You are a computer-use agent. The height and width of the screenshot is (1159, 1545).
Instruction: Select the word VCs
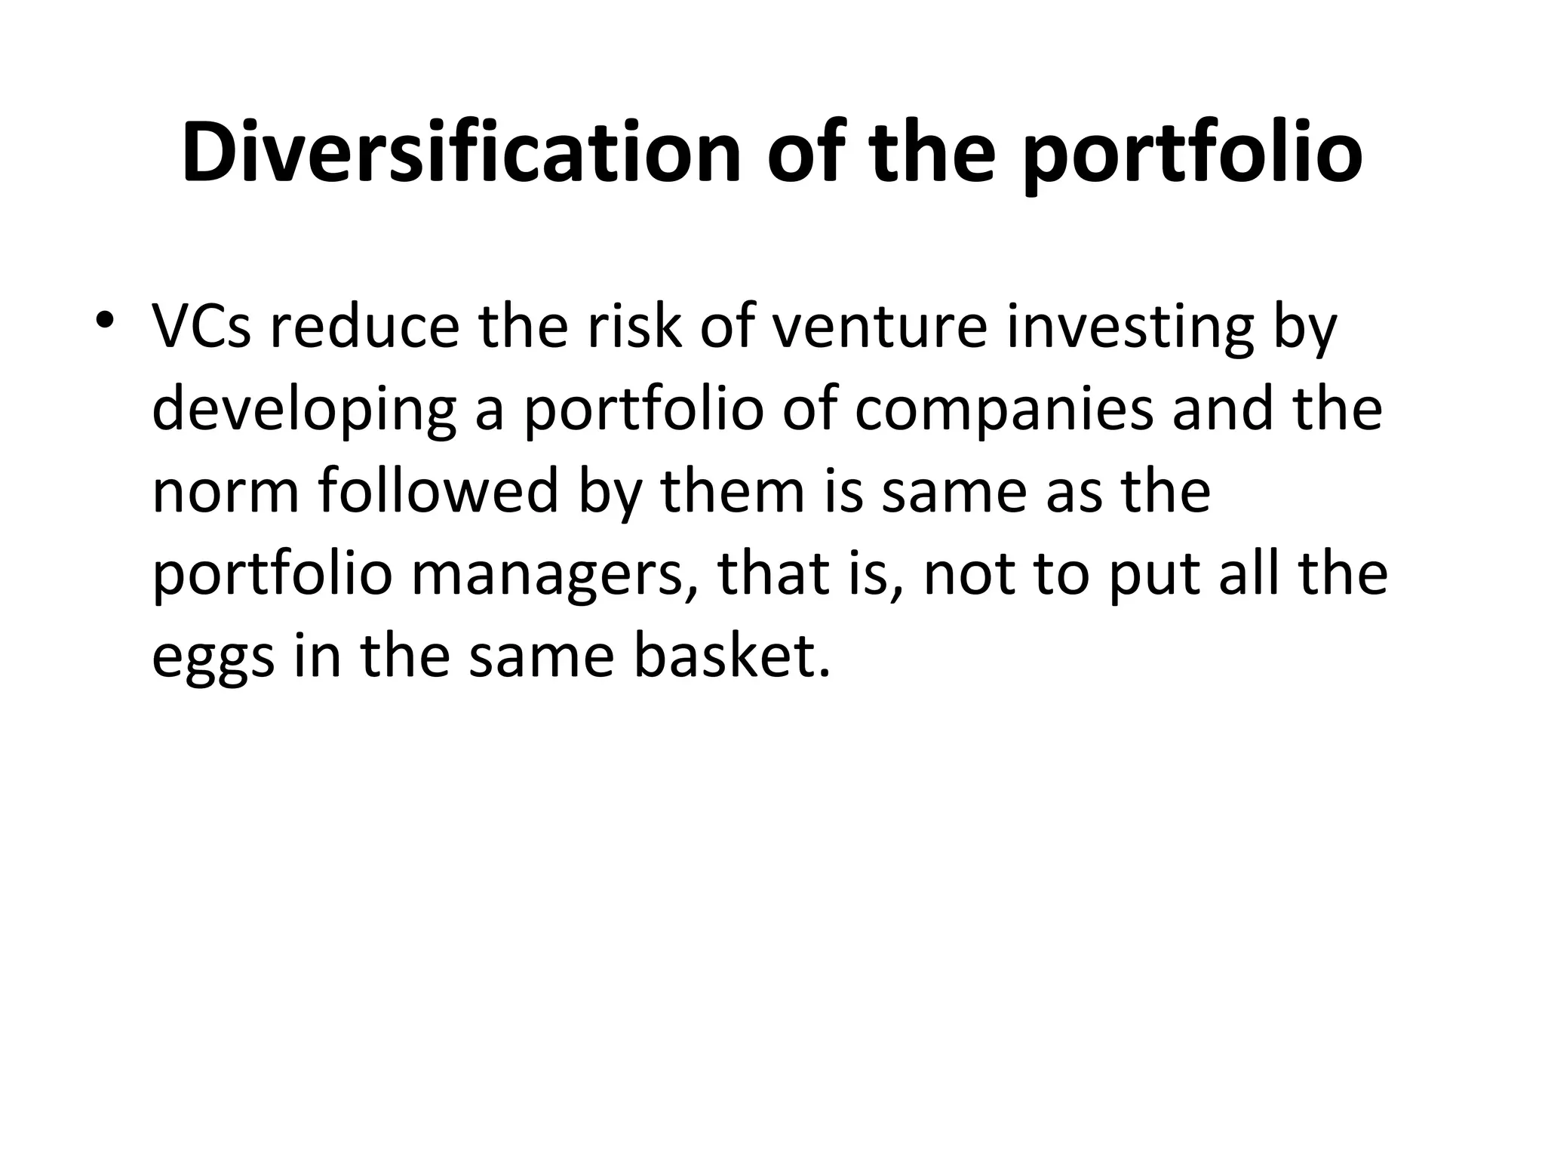[201, 328]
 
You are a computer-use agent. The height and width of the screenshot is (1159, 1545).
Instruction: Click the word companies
[1003, 411]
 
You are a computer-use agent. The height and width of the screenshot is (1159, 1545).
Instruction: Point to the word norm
[228, 492]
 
